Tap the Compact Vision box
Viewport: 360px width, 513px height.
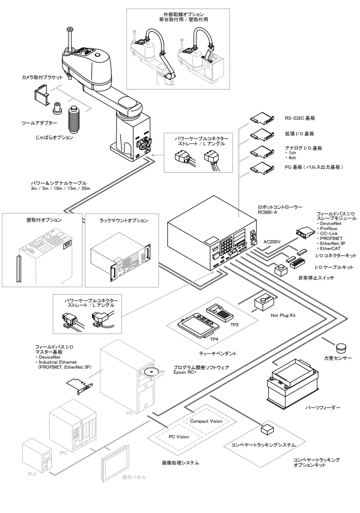(x=206, y=421)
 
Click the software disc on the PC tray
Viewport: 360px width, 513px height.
(x=149, y=372)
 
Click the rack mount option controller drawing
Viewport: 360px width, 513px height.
(x=125, y=256)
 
